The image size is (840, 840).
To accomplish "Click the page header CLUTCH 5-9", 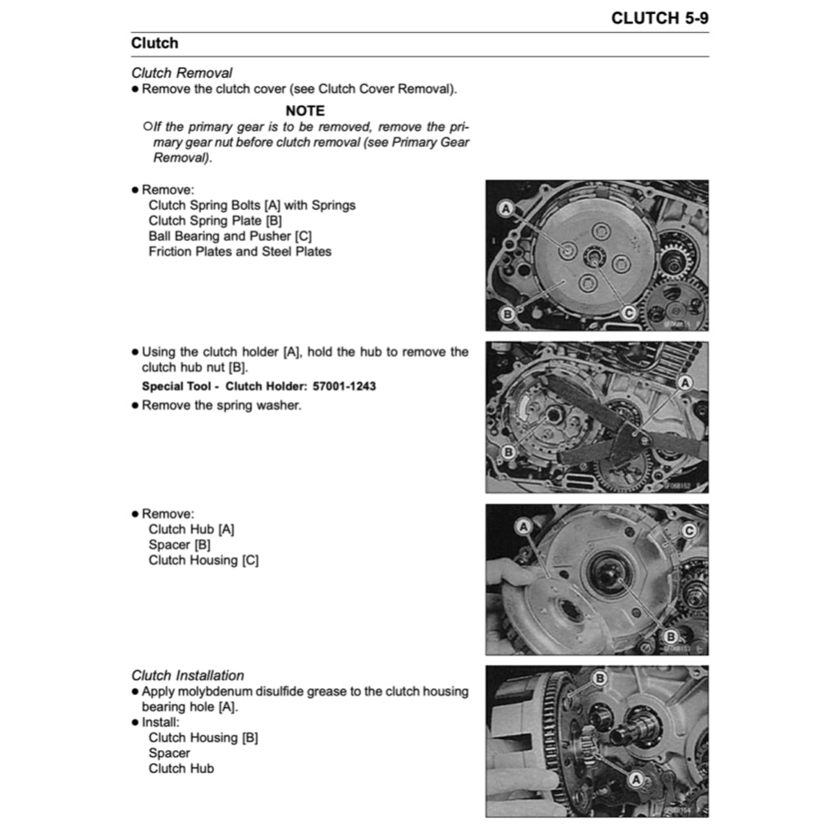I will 660,18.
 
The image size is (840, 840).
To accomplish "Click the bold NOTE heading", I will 305,111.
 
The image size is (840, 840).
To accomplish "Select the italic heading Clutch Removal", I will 181,73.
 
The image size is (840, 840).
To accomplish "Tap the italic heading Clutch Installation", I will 187,676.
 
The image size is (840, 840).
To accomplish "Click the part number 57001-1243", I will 345,386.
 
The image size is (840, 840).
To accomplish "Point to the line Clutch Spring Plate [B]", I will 215,221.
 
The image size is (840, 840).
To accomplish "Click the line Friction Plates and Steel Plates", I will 240,252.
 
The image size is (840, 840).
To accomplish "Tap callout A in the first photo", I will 506,210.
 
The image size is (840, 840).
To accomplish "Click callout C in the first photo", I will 628,313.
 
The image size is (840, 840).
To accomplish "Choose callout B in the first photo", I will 506,313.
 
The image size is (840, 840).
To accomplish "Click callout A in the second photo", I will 685,382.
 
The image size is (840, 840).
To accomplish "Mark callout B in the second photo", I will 507,451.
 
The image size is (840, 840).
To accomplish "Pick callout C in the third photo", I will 689,531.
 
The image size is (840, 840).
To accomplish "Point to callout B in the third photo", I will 670,636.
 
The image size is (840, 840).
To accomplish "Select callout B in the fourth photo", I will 600,678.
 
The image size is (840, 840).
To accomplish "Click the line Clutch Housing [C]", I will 203,561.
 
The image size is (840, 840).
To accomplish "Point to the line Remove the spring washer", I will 221,405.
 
